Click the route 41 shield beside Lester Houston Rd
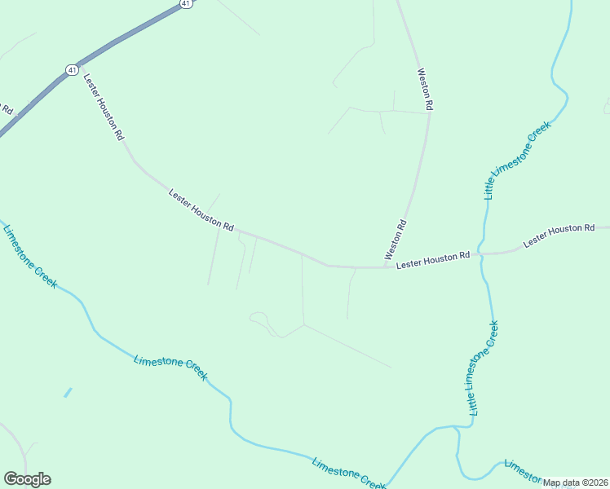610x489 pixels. pyautogui.click(x=73, y=70)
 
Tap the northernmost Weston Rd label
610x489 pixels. pyautogui.click(x=425, y=89)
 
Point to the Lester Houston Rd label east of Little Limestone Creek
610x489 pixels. pyautogui.click(x=559, y=236)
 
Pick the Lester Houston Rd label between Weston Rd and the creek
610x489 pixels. pyautogui.click(x=433, y=260)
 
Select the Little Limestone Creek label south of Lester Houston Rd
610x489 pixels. pyautogui.click(x=482, y=368)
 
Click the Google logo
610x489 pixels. pyautogui.click(x=27, y=479)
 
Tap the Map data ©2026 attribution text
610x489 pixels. pyautogui.click(x=576, y=482)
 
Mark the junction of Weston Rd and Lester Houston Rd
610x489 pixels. pyautogui.click(x=385, y=267)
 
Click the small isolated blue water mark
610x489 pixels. pyautogui.click(x=68, y=392)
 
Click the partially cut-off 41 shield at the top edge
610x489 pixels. pyautogui.click(x=186, y=3)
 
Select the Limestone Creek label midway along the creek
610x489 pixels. pyautogui.click(x=170, y=368)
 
